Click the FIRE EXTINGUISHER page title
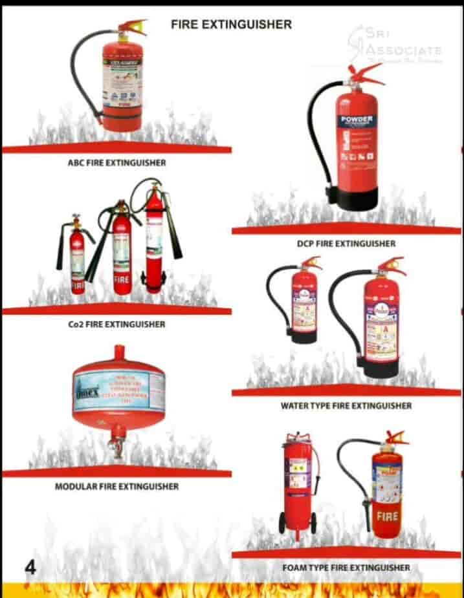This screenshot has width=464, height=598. pos(231,25)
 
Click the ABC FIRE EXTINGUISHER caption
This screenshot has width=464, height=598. pos(116,163)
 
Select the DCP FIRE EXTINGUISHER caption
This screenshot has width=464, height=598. pos(346,244)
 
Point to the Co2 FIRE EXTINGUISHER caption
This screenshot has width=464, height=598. pos(116,324)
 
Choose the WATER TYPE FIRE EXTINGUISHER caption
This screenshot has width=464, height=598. pos(346,406)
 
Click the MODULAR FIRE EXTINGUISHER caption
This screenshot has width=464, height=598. pos(116,486)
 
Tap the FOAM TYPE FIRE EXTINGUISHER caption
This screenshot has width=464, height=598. pos(346,568)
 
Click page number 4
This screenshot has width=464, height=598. pos(30,568)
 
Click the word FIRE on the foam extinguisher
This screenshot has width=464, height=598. pos(388,517)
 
